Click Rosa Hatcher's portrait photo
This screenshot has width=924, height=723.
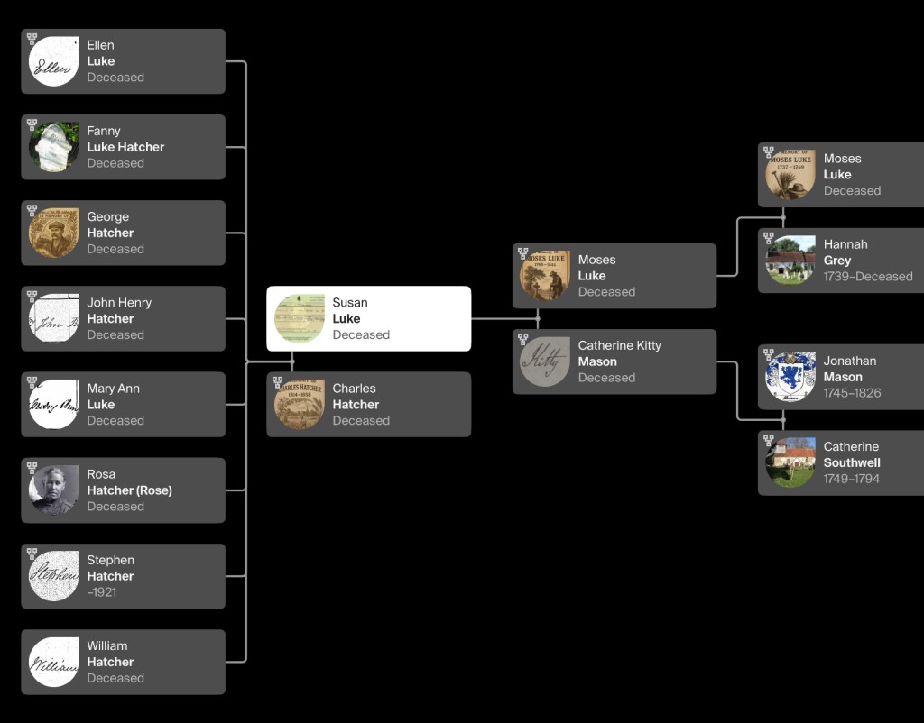pos(53,490)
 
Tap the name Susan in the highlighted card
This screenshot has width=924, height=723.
pos(350,303)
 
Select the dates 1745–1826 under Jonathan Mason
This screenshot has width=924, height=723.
pos(852,393)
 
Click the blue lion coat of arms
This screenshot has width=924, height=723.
pos(790,377)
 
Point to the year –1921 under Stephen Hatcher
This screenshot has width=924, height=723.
pos(101,592)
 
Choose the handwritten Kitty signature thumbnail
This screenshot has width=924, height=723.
pos(544,361)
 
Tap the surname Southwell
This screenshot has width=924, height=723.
pos(852,462)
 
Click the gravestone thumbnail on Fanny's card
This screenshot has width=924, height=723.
pos(53,147)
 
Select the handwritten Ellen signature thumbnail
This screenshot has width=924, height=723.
pos(53,61)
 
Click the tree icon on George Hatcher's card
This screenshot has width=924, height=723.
pos(32,210)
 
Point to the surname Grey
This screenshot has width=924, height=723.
pos(837,261)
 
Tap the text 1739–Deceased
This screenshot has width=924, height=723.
pos(868,276)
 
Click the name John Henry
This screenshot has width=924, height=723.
pos(119,303)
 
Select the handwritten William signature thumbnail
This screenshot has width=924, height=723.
pos(53,662)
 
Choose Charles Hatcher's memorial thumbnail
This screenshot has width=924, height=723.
pos(300,404)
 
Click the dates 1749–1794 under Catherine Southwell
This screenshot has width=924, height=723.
pos(852,479)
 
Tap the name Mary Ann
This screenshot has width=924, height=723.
pos(113,389)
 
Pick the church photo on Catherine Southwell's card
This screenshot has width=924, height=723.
pos(790,462)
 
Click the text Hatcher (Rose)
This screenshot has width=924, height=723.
pos(130,490)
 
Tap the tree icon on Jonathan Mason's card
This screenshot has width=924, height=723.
pos(769,354)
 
